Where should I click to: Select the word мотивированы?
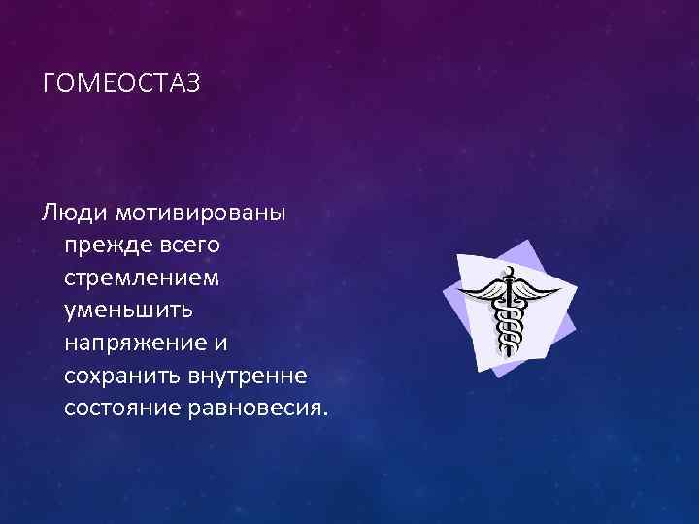(199, 212)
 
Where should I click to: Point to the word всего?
(189, 245)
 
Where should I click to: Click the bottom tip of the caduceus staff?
(504, 356)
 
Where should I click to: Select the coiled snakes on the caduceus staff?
(505, 325)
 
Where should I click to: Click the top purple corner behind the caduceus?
(525, 245)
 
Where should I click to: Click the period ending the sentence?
(326, 413)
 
